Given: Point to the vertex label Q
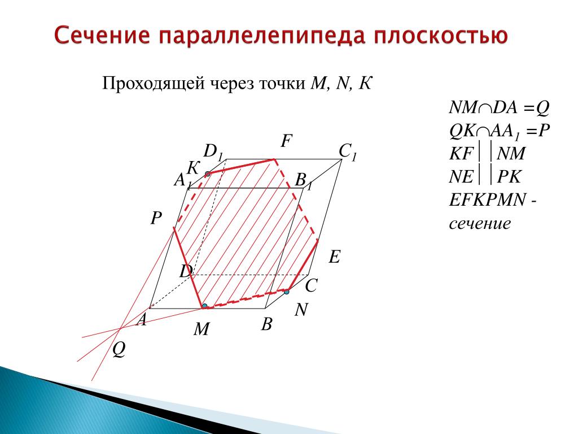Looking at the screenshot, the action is (x=119, y=349).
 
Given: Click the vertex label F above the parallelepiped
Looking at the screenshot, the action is (x=286, y=141).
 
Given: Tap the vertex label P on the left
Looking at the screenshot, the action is (x=156, y=218).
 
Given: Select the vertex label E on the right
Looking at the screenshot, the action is (x=334, y=257).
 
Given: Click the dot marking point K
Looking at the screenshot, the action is (x=208, y=174).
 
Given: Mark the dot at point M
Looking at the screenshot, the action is (x=204, y=306).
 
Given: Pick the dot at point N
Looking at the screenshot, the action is (x=286, y=292).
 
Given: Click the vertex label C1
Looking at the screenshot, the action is (x=348, y=151).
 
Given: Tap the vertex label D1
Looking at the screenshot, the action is (x=213, y=151).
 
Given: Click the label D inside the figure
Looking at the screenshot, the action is (x=186, y=272).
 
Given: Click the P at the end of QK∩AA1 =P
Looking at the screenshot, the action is (x=544, y=131).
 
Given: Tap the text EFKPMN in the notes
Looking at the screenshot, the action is (x=487, y=200).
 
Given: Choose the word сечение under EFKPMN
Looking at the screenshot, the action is (x=480, y=224).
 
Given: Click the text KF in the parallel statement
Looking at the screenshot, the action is (x=461, y=154).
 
